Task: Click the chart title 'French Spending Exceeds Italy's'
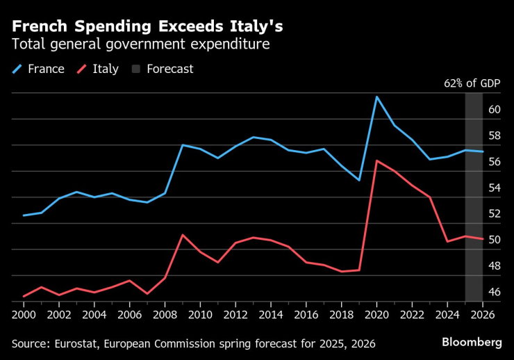[147, 26]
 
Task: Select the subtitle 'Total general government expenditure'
[140, 45]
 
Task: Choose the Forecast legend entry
[163, 69]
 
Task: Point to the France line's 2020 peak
[376, 97]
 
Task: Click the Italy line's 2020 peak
[376, 161]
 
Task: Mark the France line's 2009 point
[182, 145]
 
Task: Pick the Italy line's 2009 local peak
[182, 235]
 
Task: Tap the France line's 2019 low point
[359, 180]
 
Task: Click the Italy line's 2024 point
[447, 241]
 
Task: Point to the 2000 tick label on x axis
[24, 313]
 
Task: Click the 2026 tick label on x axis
[482, 313]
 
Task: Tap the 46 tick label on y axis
[495, 292]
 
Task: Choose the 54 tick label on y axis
[495, 188]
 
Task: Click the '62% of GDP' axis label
[472, 83]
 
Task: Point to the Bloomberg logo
[472, 343]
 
